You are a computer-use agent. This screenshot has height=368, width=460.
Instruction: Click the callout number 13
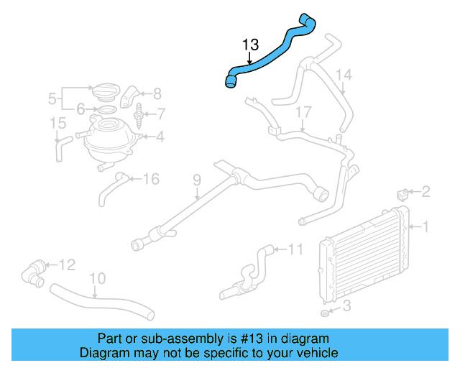point(250,45)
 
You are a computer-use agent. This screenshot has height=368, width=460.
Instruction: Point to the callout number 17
point(303,112)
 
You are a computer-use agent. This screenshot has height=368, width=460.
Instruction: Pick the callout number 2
point(425,191)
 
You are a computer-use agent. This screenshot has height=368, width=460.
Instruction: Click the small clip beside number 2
point(403,193)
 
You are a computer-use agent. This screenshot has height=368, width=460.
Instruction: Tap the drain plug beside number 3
point(324,314)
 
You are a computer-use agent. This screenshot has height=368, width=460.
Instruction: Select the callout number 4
point(160,135)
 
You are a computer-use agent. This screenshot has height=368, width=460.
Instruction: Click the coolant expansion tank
point(109,140)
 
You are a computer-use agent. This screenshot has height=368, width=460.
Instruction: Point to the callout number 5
point(52,97)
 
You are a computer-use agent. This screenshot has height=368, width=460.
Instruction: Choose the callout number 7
point(161,113)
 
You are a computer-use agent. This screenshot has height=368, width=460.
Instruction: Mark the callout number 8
point(157,92)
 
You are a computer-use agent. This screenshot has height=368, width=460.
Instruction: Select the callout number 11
point(295,249)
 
